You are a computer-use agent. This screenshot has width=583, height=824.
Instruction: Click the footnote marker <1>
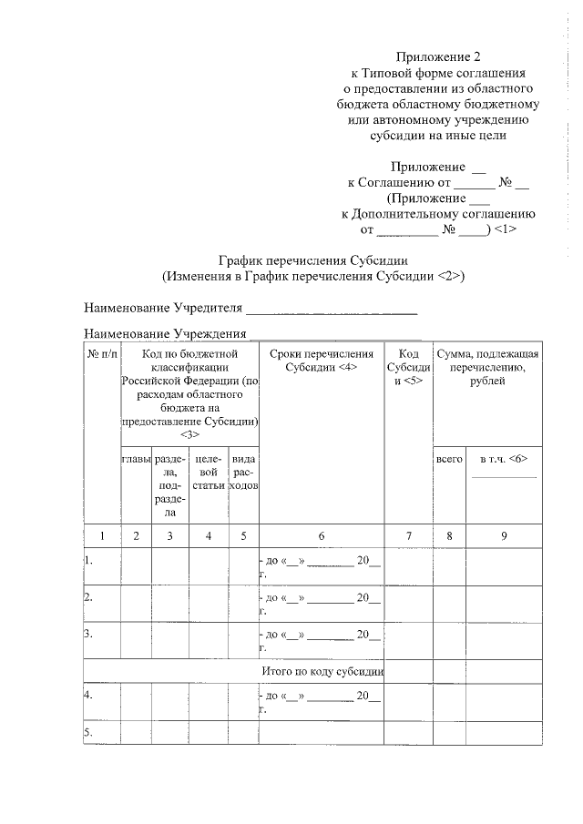click(506, 229)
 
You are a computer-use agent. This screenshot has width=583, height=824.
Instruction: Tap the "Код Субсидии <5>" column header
click(408, 367)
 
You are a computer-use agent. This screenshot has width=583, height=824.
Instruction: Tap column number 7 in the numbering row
click(408, 536)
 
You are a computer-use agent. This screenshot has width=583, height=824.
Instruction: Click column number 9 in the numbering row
click(504, 536)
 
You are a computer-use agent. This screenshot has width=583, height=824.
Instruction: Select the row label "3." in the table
click(89, 634)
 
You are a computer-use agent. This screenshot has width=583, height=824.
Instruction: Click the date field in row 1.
click(322, 566)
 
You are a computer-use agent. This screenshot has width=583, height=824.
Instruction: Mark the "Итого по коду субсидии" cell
click(321, 671)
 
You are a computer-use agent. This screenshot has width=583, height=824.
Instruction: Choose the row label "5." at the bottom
click(89, 732)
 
